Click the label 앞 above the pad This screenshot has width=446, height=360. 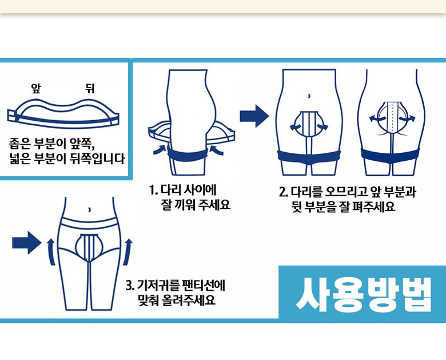(37, 89)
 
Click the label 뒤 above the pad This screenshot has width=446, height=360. (90, 89)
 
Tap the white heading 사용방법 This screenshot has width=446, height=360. (364, 294)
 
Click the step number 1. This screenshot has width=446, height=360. (153, 190)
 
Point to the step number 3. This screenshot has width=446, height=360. (129, 285)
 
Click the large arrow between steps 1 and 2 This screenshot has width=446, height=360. (254, 116)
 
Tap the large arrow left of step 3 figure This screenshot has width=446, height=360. (27, 243)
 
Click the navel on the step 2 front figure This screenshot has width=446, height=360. (309, 96)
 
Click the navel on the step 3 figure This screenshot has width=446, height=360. (90, 209)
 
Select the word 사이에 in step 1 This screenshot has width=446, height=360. (201, 190)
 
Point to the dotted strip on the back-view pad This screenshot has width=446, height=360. (393, 116)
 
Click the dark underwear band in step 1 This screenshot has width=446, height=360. (186, 154)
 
